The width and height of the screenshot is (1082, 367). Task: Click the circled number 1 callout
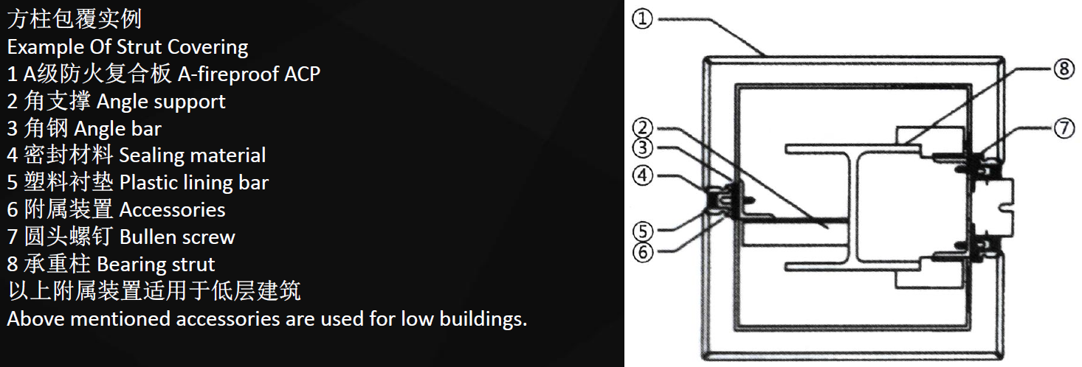[x=642, y=19]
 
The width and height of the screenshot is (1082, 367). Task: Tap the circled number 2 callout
[x=642, y=127]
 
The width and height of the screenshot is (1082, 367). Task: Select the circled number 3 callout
[x=642, y=147]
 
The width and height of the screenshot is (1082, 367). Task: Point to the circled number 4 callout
[x=642, y=175]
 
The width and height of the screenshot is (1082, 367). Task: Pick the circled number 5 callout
[x=642, y=231]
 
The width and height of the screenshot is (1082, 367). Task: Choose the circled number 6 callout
[x=642, y=252]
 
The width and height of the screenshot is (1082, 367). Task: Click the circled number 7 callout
[x=1064, y=128]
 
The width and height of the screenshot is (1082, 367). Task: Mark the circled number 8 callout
[x=1064, y=69]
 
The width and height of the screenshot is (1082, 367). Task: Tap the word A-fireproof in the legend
[x=229, y=74]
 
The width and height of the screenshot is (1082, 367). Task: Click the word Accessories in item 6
[x=173, y=210]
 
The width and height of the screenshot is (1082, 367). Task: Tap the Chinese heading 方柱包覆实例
[x=75, y=19]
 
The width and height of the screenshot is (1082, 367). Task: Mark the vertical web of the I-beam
[x=853, y=208]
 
